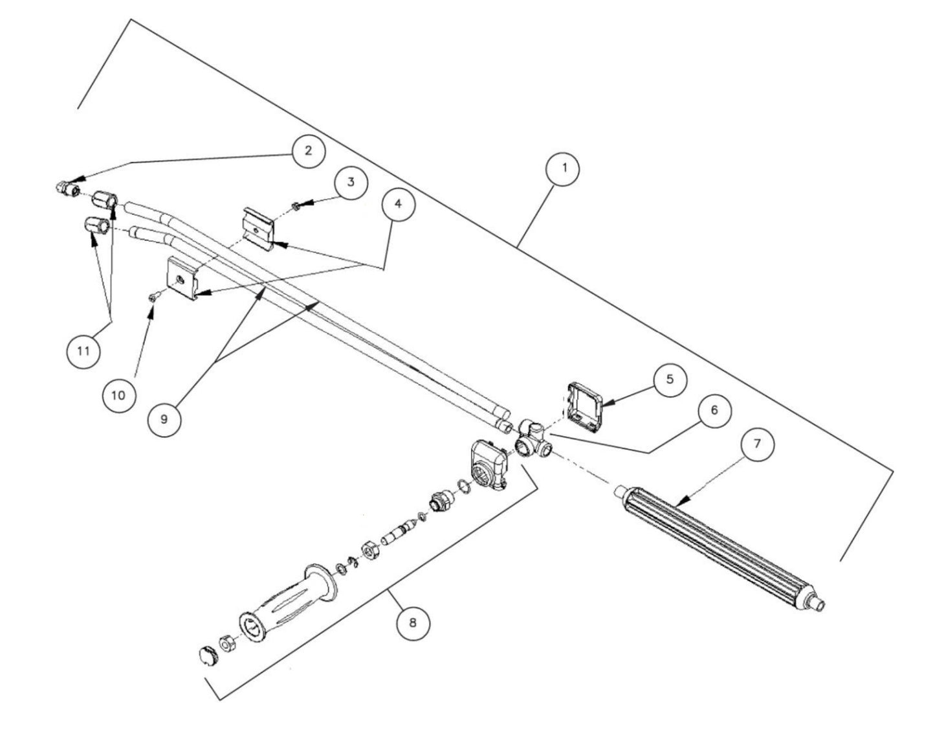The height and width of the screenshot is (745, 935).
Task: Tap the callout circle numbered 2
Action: [x=308, y=151]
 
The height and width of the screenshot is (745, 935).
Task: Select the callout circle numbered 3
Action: [x=350, y=183]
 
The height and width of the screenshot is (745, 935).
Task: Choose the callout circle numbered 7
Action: [x=757, y=444]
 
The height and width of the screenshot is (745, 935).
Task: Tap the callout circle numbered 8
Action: [x=413, y=623]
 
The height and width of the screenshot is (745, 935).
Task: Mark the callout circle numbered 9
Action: [x=164, y=419]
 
